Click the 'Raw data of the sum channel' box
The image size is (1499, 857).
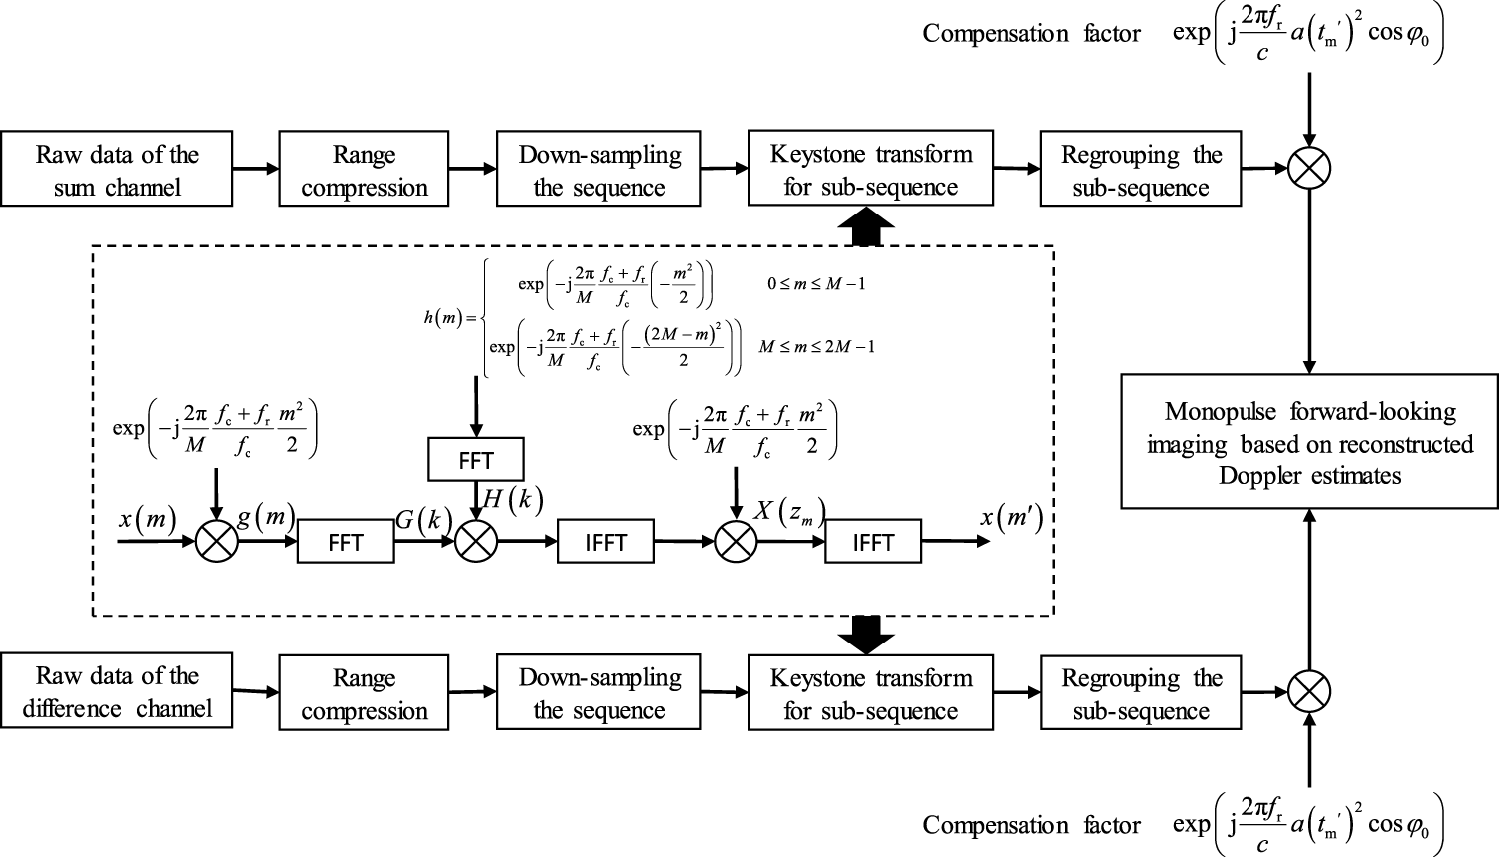[x=116, y=169]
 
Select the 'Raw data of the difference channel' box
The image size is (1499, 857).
[x=116, y=691]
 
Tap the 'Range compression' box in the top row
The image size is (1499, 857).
[x=363, y=170]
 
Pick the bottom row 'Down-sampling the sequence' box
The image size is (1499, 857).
[x=598, y=693]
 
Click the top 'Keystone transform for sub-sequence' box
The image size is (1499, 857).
[x=870, y=169]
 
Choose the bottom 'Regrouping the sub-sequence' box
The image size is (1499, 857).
[x=1140, y=693]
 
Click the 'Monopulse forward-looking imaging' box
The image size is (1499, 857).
[x=1308, y=442]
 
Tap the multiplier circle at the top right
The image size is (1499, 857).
[x=1309, y=167]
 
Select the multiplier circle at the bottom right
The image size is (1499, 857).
[x=1309, y=691]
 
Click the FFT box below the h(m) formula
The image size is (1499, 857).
[x=476, y=460]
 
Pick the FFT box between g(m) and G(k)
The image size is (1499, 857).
[x=345, y=542]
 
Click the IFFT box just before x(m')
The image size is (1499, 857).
[x=872, y=542]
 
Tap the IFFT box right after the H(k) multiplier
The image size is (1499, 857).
[x=605, y=542]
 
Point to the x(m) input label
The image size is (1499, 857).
[x=147, y=519]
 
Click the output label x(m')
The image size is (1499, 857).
[x=1011, y=517]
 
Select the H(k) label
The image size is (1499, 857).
[x=512, y=500]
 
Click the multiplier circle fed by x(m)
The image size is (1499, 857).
[x=216, y=542]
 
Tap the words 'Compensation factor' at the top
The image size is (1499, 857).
[x=1031, y=34]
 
